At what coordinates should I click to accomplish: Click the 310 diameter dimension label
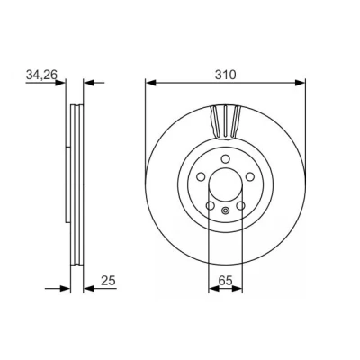coord(225,75)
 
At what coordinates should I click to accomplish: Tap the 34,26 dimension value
coord(41,75)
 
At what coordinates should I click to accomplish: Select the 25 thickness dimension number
coord(108,281)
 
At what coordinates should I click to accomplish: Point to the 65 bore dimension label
coord(225,281)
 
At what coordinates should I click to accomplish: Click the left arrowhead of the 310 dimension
coord(150,83)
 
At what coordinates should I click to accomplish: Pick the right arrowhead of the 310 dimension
coord(300,83)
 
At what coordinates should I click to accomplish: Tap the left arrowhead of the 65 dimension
coord(213,289)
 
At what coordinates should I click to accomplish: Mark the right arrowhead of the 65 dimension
coord(237,289)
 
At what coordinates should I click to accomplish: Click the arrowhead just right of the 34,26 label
coord(60,82)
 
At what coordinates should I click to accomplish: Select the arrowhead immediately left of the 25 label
coord(88,289)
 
